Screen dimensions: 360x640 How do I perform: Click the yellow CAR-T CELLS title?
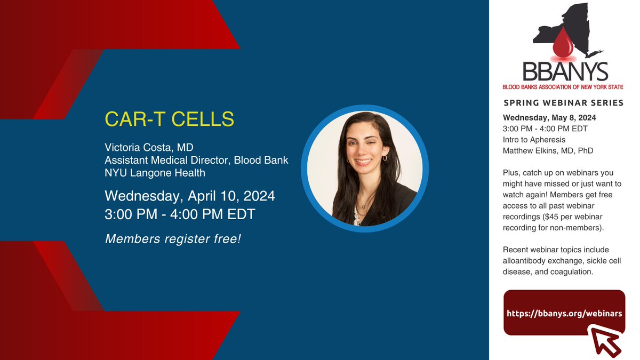pos(170,119)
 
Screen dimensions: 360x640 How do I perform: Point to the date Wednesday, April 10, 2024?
pos(190,196)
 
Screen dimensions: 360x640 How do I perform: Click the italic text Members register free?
pos(173,238)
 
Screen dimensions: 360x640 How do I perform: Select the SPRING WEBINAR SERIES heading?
pos(563,102)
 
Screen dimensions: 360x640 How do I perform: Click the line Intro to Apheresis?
pos(533,140)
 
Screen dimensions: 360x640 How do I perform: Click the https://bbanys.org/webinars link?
pos(564,314)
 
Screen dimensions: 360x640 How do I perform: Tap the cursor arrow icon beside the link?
pos(607,340)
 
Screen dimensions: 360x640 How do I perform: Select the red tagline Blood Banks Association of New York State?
pos(563,86)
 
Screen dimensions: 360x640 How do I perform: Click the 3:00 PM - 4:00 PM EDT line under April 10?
pos(180,215)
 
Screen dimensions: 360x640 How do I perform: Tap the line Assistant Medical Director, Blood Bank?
pos(196,160)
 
